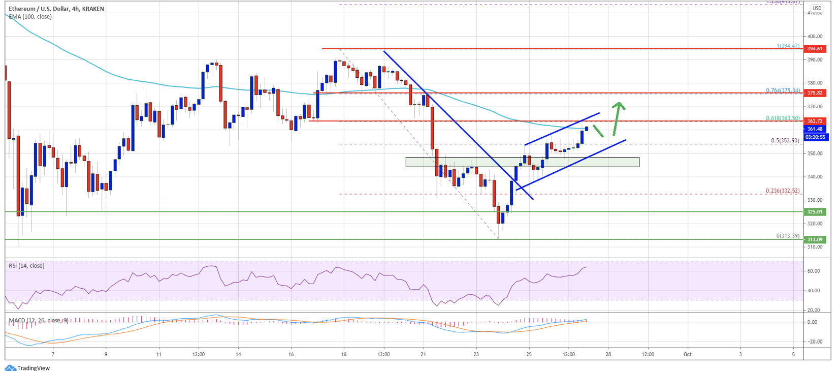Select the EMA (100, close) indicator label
30,17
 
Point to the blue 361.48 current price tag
815,129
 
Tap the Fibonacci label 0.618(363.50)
783,118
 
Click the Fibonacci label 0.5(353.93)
785,141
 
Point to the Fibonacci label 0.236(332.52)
783,191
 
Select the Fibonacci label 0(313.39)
788,236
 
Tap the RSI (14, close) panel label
26,266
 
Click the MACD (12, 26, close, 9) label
39,320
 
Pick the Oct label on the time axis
687,354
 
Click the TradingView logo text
34,368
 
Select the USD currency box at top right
817,8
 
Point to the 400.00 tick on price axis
815,37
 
